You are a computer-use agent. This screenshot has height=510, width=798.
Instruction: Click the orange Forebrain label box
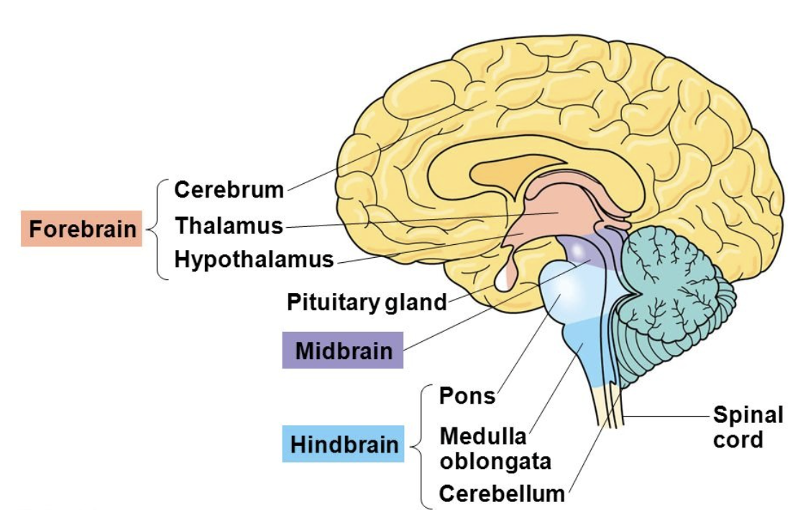point(81,229)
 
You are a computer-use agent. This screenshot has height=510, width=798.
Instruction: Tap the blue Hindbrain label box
point(343,445)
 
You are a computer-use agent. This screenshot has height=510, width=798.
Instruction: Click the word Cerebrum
point(229,190)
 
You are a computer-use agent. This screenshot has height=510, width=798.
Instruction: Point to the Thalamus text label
point(229,226)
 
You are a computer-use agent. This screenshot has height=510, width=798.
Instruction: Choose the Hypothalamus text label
point(254,259)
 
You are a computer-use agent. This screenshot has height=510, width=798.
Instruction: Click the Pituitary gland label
point(367,302)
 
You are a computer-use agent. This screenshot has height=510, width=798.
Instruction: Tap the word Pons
point(467,396)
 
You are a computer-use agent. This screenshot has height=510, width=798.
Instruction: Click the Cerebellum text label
point(502,494)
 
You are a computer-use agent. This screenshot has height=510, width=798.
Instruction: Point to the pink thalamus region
point(554,212)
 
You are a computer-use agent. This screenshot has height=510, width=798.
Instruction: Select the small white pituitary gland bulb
point(505,277)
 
